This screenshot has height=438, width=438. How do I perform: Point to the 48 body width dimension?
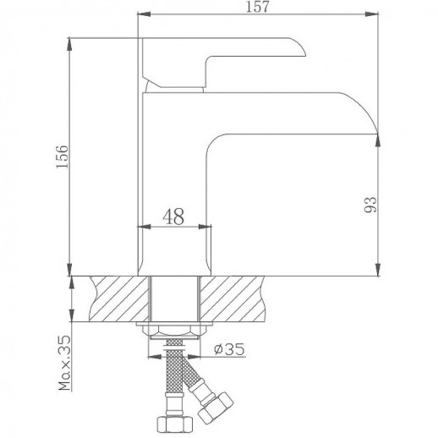point(175,217)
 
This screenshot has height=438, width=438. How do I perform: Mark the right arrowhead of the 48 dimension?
point(206,227)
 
